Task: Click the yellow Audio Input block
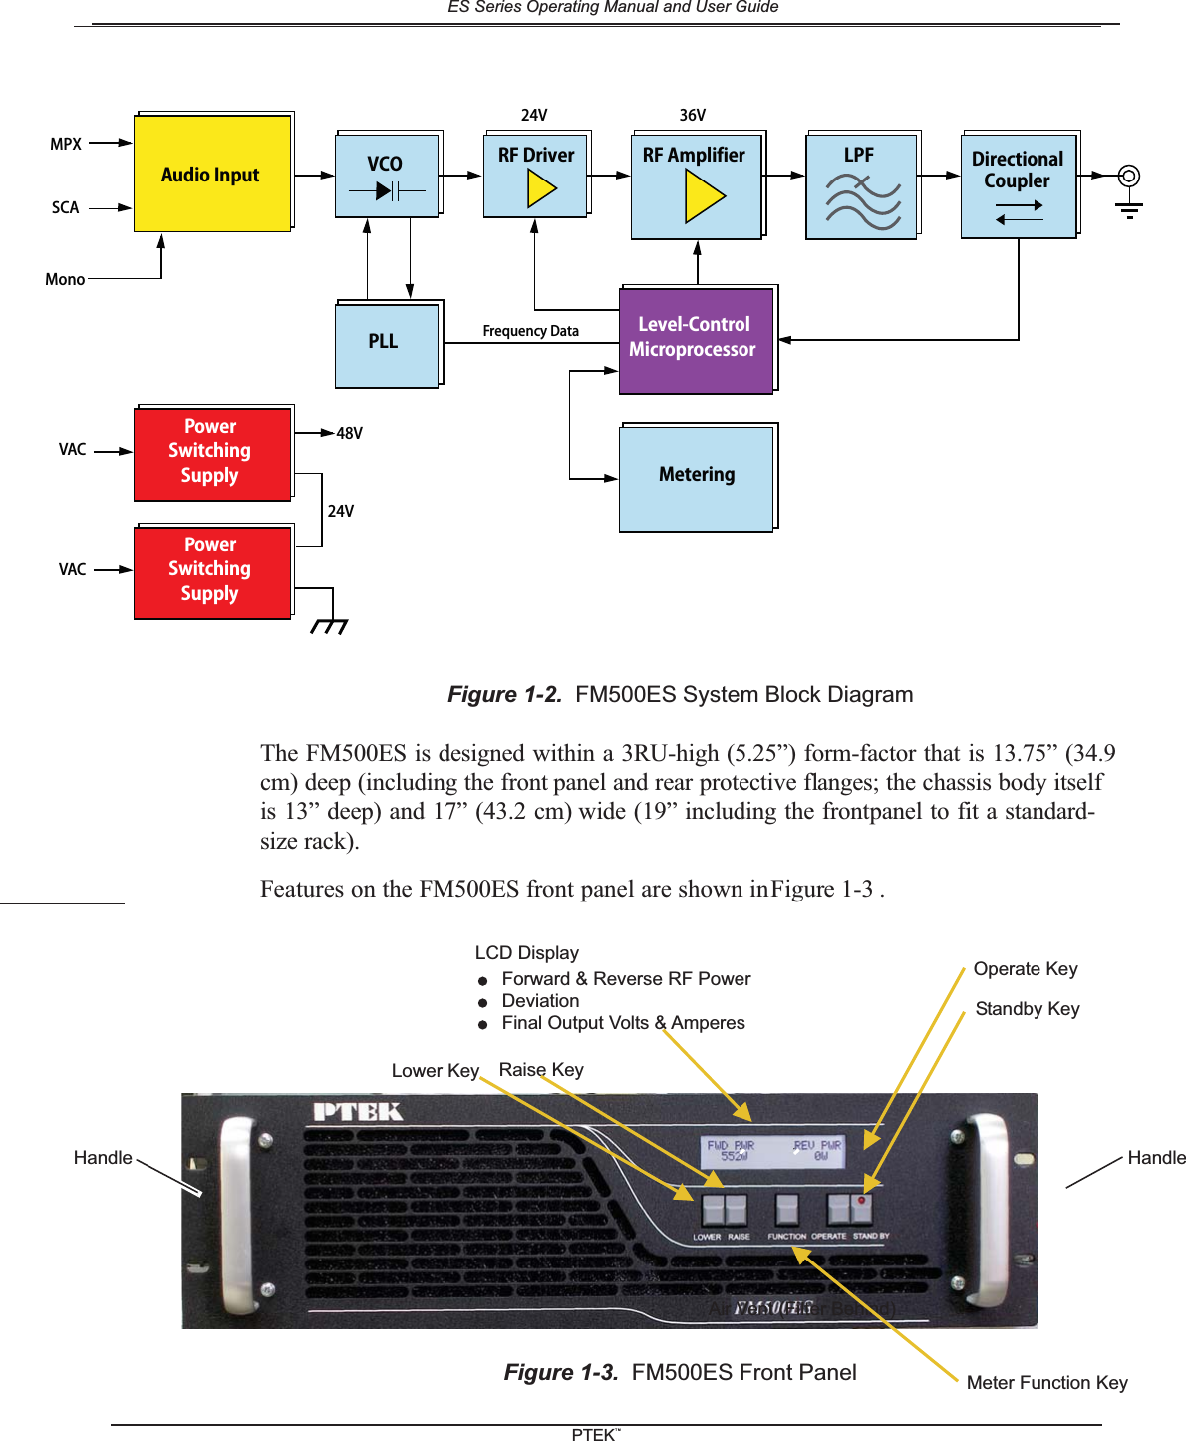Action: click(x=212, y=174)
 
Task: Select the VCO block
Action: click(x=387, y=175)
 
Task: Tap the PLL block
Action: click(x=387, y=344)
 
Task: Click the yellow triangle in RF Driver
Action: click(x=541, y=188)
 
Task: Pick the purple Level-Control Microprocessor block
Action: click(x=696, y=340)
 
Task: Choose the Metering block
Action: click(x=697, y=478)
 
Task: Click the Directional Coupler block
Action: click(x=1018, y=185)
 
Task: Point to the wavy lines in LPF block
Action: click(x=862, y=201)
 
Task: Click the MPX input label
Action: click(x=66, y=144)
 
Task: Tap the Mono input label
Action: click(x=65, y=280)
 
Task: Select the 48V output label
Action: click(x=349, y=433)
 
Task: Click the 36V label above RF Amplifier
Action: click(x=692, y=115)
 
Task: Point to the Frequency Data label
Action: click(x=530, y=331)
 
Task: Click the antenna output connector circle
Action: click(x=1128, y=177)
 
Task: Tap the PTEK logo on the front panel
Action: click(x=358, y=1111)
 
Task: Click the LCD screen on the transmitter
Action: click(x=773, y=1152)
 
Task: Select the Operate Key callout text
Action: click(x=1026, y=969)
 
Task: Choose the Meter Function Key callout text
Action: click(x=1046, y=1383)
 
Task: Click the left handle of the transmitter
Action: click(x=237, y=1209)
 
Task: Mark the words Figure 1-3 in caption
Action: click(x=560, y=1373)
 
